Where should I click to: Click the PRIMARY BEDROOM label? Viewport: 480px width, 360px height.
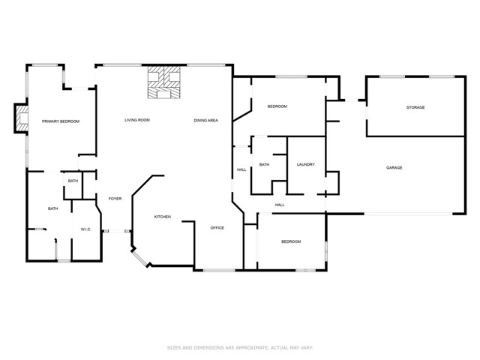point(61,121)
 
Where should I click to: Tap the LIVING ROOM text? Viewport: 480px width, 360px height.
point(137,120)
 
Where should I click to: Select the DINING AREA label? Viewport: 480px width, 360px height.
point(205,120)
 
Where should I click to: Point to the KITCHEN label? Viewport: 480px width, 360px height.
point(163,217)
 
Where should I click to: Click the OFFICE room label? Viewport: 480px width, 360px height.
point(217,227)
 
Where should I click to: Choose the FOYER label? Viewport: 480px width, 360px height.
point(115,199)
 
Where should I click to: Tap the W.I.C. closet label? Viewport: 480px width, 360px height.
point(85,229)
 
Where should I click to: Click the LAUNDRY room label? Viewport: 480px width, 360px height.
point(305,164)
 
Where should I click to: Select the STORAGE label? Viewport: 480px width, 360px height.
point(415,107)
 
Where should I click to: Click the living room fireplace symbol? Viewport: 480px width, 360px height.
point(164,84)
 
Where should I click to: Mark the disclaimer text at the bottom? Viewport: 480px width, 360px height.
point(239,347)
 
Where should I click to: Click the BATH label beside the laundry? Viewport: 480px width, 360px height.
point(264,164)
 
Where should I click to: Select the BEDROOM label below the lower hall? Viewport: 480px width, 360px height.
point(291,241)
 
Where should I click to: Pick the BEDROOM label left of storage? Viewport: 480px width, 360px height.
point(277,106)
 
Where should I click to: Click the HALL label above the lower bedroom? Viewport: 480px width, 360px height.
point(280,205)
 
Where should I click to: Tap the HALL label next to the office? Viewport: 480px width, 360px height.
point(241,169)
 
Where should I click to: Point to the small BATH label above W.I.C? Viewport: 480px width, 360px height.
point(73,181)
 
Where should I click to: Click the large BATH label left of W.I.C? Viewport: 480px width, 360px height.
point(53,208)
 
